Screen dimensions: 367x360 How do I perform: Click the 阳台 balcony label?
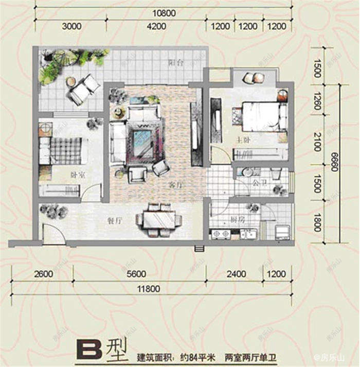pos(176,64)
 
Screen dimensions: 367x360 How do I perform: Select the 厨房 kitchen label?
pos(237,218)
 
